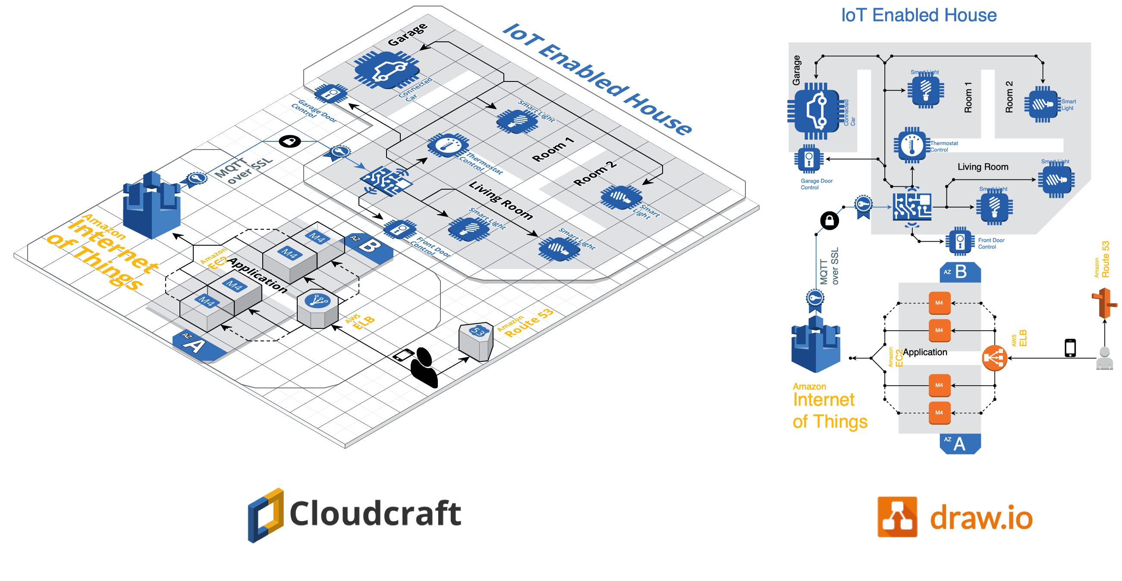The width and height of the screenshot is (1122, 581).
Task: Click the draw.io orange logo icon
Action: click(x=897, y=517)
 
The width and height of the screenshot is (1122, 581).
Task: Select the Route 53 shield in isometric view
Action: click(x=477, y=342)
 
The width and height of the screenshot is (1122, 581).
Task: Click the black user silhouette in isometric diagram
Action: click(x=424, y=367)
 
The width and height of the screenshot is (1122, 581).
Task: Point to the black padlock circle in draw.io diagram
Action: click(x=829, y=221)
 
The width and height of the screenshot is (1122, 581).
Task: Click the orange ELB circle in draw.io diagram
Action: click(x=994, y=358)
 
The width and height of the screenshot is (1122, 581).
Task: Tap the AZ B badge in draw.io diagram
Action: click(x=960, y=272)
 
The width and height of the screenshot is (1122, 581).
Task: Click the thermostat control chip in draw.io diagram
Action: click(x=911, y=145)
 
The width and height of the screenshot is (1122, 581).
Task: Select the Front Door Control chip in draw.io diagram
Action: click(x=960, y=241)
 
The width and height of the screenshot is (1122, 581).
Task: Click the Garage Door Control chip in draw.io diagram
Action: click(x=809, y=159)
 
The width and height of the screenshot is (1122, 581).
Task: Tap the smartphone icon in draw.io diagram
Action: click(x=1070, y=348)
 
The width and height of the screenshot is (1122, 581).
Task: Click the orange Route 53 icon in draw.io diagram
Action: click(x=1104, y=303)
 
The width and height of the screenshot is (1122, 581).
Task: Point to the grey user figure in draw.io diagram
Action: click(x=1104, y=358)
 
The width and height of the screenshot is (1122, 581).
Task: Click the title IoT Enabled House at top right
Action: click(x=918, y=15)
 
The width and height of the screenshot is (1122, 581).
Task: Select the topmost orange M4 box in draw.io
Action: click(x=939, y=303)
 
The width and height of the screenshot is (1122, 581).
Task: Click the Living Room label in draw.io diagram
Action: click(x=983, y=167)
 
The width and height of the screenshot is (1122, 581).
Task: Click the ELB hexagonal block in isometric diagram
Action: click(x=317, y=309)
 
